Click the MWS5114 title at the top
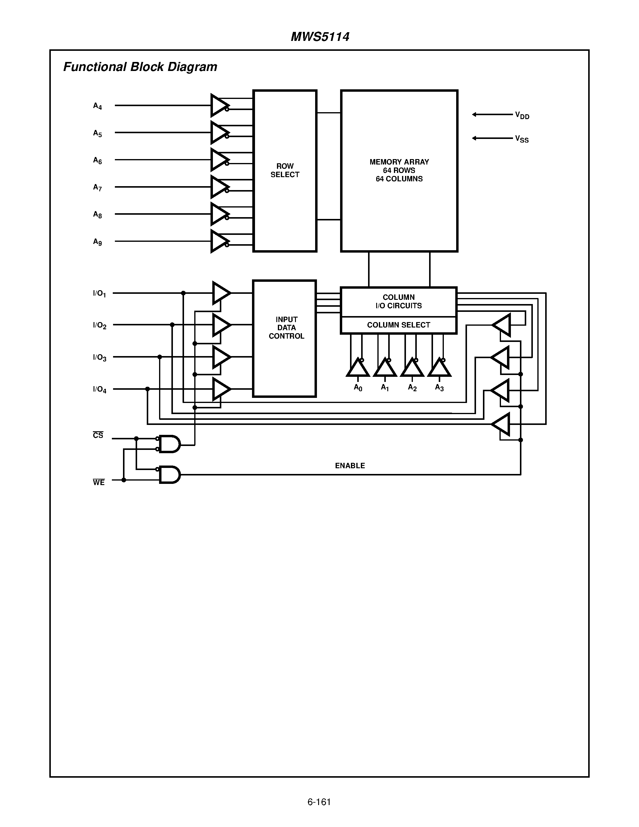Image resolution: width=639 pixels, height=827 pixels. click(320, 37)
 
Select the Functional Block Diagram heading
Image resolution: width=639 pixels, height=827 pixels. click(140, 67)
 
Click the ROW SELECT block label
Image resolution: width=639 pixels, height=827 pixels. click(285, 171)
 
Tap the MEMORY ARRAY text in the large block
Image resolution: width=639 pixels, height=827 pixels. click(399, 162)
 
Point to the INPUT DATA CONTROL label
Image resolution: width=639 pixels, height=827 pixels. click(286, 327)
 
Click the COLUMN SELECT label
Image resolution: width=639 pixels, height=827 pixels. click(399, 325)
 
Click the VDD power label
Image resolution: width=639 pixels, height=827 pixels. click(522, 115)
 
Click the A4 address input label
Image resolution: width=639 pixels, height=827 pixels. click(97, 106)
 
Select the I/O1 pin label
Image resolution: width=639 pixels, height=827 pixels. click(99, 294)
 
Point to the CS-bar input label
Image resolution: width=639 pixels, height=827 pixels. click(98, 435)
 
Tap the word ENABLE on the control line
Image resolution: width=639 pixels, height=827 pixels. click(350, 466)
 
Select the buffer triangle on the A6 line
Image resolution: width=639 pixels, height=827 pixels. click(219, 160)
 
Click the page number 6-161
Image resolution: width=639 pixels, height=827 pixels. click(319, 802)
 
